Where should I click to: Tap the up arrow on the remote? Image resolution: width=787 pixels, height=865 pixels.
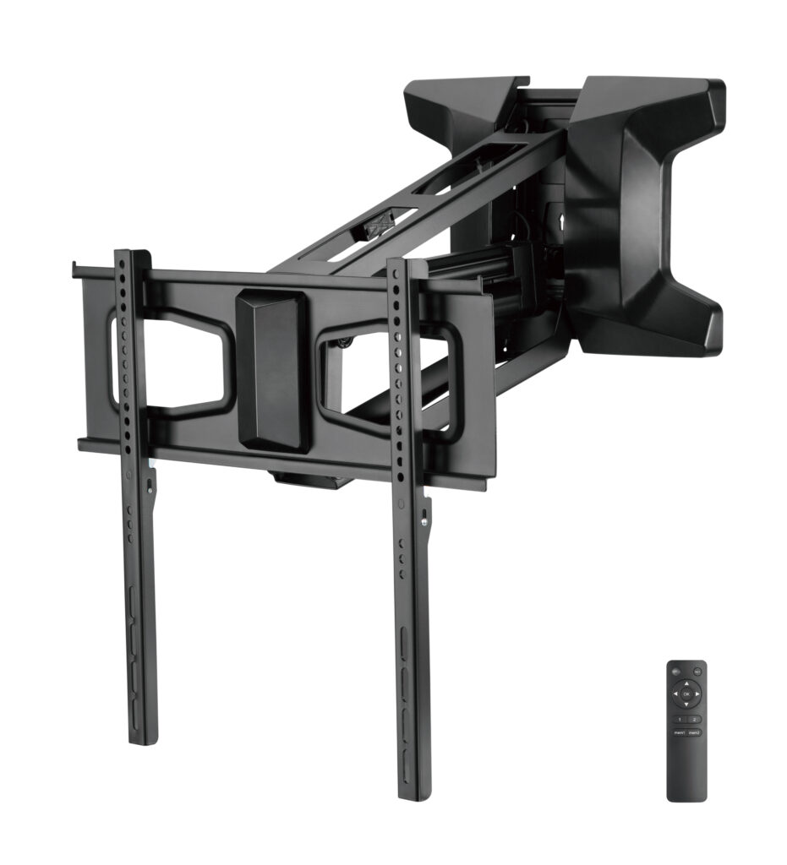686,683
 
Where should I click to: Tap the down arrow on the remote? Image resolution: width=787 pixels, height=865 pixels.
686,705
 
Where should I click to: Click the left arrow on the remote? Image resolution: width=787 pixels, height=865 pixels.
675,694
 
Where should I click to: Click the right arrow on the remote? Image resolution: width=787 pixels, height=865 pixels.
697,694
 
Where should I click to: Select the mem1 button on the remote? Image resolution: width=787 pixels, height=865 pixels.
680,732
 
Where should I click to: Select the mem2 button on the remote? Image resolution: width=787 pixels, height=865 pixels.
694,732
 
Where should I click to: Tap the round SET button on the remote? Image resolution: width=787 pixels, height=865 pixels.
697,672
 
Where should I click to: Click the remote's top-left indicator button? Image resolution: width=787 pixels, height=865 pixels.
676,672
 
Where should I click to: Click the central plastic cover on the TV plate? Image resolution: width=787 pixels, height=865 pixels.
272,367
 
